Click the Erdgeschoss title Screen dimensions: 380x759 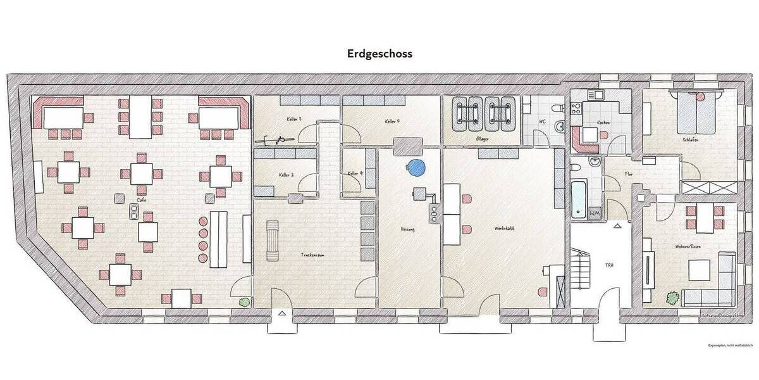coord(379,54)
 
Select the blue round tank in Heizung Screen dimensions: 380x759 coord(416,168)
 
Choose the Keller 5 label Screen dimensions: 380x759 coord(390,121)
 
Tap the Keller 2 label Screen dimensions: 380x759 coord(285,175)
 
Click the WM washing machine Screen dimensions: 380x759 coord(595,214)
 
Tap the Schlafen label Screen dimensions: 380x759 coord(690,140)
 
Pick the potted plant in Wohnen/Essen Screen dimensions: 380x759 coord(670,296)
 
